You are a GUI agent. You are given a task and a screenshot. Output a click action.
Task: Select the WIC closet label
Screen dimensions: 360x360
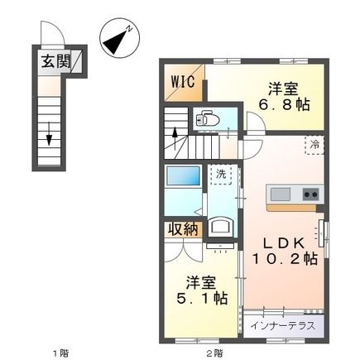click(x=183, y=82)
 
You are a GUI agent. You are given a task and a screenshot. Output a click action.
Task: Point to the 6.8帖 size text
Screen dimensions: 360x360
click(x=284, y=103)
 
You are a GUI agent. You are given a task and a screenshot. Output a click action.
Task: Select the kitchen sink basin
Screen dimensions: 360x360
click(x=280, y=194)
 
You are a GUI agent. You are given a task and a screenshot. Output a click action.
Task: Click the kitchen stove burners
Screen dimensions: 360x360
click(x=310, y=194)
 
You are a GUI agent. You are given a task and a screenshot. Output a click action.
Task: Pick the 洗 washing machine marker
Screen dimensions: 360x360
click(x=221, y=175)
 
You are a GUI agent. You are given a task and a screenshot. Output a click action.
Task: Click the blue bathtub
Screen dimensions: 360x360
click(x=181, y=179)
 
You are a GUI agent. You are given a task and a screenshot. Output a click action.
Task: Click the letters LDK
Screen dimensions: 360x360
click(x=279, y=242)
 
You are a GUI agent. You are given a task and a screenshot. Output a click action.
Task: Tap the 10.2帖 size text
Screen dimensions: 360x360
click(x=285, y=260)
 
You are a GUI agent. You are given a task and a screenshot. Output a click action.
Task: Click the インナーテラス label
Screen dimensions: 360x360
click(x=281, y=324)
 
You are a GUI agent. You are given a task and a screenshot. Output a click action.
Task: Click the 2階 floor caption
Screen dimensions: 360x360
click(x=214, y=353)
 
